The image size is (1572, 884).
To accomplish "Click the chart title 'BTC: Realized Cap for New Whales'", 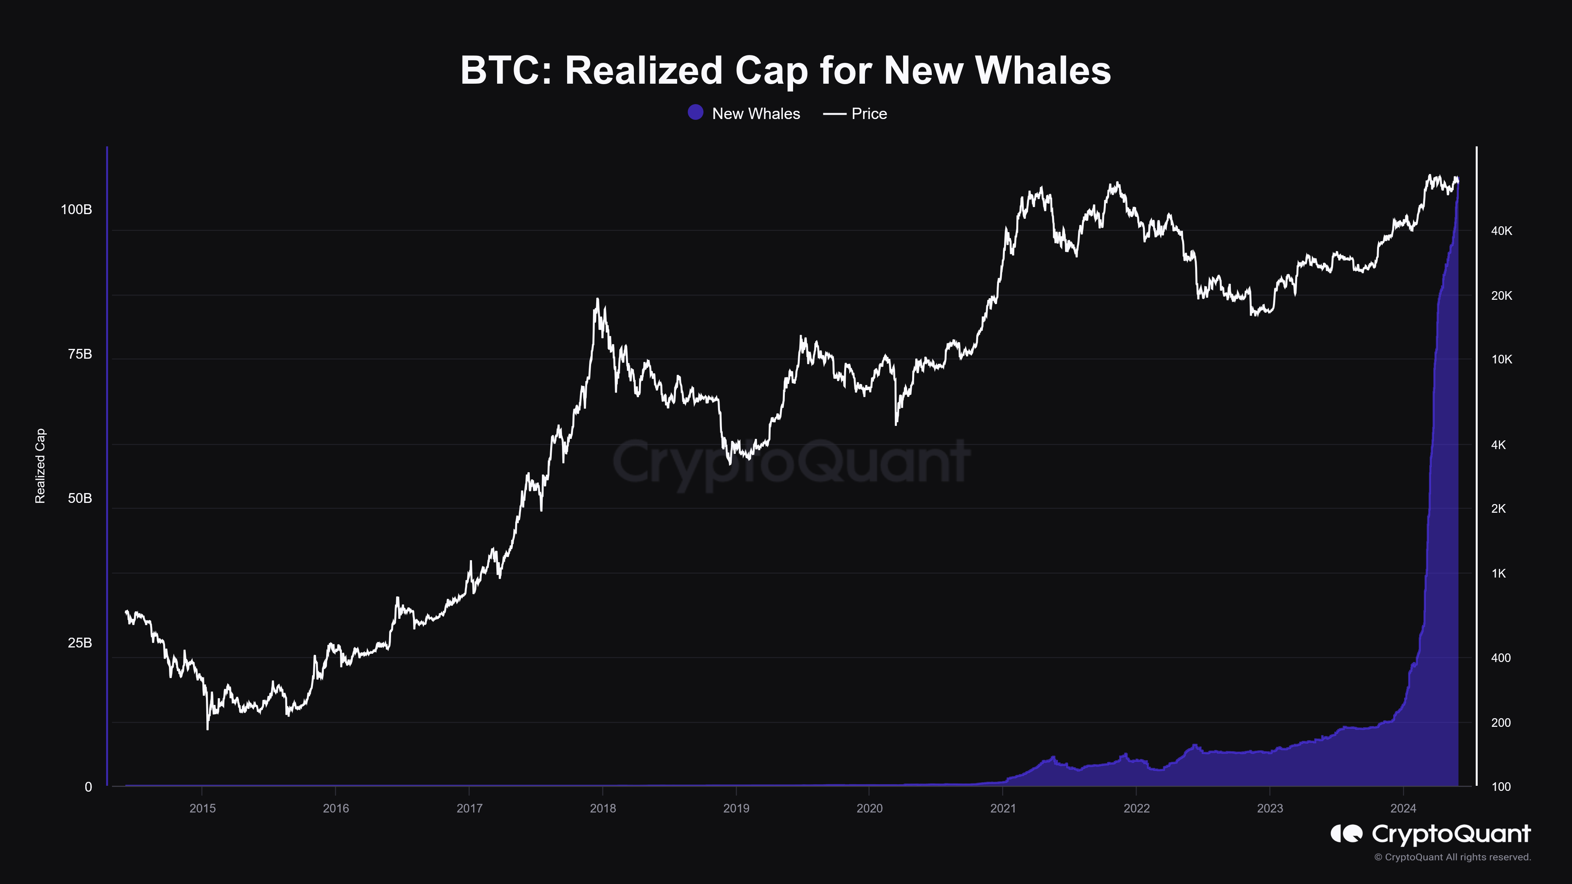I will click(785, 70).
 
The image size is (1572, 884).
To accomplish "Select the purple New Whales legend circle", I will click(695, 113).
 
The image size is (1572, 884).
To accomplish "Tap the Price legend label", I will click(869, 114).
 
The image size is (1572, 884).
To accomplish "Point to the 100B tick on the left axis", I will click(76, 210).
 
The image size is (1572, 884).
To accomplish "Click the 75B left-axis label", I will click(80, 354).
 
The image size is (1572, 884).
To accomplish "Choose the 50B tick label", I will click(80, 499).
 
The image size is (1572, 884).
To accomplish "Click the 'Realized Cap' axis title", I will click(40, 466).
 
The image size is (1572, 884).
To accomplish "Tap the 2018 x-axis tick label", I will click(603, 808).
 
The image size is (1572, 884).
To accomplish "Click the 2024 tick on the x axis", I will click(1403, 808).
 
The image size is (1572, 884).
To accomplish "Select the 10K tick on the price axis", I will click(1501, 359).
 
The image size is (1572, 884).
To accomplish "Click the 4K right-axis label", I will click(1498, 445).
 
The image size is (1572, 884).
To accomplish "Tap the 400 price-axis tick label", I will click(1500, 658).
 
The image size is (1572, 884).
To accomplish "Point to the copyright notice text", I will click(1453, 857).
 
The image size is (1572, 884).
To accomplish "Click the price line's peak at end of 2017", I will click(597, 299).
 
